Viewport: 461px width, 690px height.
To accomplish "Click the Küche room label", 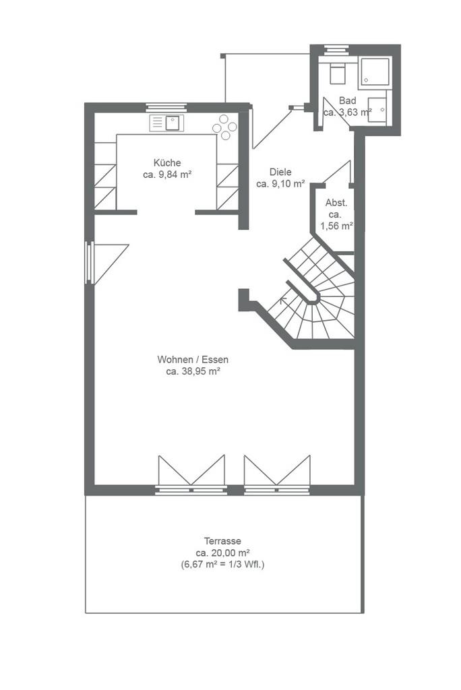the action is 167,162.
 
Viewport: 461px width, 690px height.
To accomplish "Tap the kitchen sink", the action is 166,123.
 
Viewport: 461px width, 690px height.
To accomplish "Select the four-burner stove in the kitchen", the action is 224,127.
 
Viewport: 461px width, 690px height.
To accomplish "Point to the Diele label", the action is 280,172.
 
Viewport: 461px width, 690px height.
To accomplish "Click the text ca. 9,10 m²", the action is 280,184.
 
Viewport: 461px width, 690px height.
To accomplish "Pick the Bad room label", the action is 347,101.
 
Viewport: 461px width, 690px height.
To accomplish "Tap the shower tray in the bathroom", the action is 374,71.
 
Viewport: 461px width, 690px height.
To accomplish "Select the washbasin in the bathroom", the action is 377,110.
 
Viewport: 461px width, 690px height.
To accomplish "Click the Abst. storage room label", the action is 336,203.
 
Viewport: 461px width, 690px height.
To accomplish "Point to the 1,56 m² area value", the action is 337,226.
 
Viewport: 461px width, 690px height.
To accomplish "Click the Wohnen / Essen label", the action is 193,360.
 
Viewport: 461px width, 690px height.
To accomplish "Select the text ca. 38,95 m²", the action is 193,371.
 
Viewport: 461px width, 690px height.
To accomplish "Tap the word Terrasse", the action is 222,541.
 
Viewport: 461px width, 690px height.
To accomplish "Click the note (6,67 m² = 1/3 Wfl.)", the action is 222,565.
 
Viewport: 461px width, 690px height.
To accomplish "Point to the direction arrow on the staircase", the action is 282,301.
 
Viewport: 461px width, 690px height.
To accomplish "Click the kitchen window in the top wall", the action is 166,107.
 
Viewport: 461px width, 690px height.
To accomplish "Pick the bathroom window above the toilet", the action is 336,49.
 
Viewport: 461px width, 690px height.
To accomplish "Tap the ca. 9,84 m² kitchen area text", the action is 167,175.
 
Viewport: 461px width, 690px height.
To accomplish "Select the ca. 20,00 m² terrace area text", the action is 223,553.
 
